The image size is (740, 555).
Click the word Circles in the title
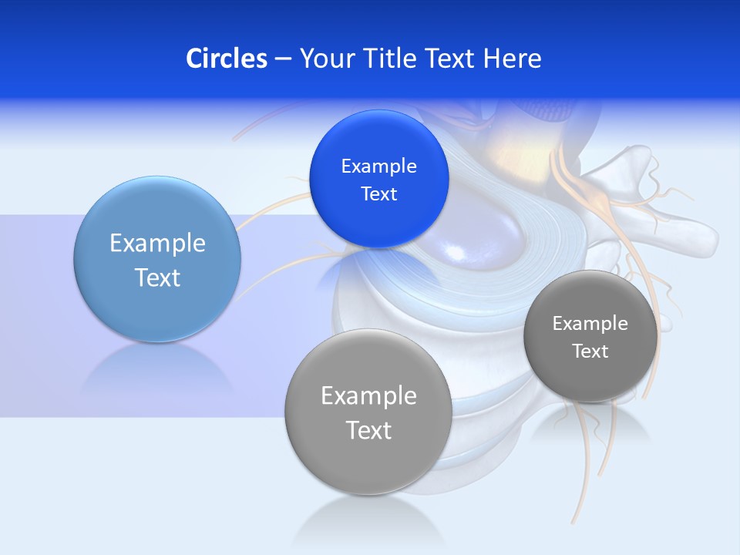tap(226, 59)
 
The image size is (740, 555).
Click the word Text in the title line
tap(451, 59)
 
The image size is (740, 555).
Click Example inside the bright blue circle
tap(378, 166)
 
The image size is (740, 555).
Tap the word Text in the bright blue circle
tap(378, 194)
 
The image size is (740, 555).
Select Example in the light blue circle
tap(157, 244)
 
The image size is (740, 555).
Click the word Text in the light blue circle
tap(157, 277)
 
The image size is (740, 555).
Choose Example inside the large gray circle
tap(368, 397)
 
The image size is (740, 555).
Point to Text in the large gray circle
tap(368, 430)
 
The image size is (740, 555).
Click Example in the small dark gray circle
tap(590, 324)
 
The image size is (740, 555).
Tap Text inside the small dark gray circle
tap(590, 351)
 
